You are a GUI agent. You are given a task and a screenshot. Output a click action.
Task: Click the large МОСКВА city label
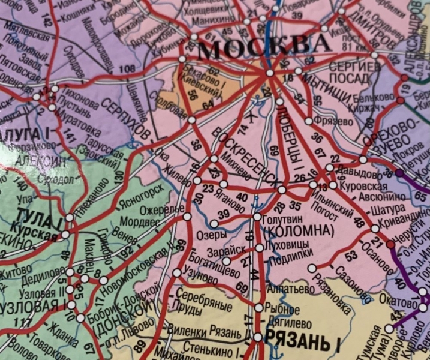tap(264, 47)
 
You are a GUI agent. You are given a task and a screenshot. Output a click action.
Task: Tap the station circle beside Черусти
tap(390, 244)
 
